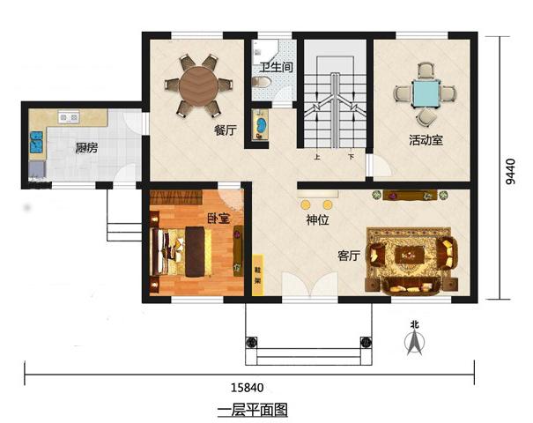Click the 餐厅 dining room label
tap(226, 130)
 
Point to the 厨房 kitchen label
tap(85, 147)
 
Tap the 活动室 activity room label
tap(425, 139)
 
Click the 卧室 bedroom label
tap(218, 218)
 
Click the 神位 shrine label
tap(317, 219)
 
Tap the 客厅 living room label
tap(350, 256)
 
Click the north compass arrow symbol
tap(413, 342)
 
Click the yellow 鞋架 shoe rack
tap(258, 275)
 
